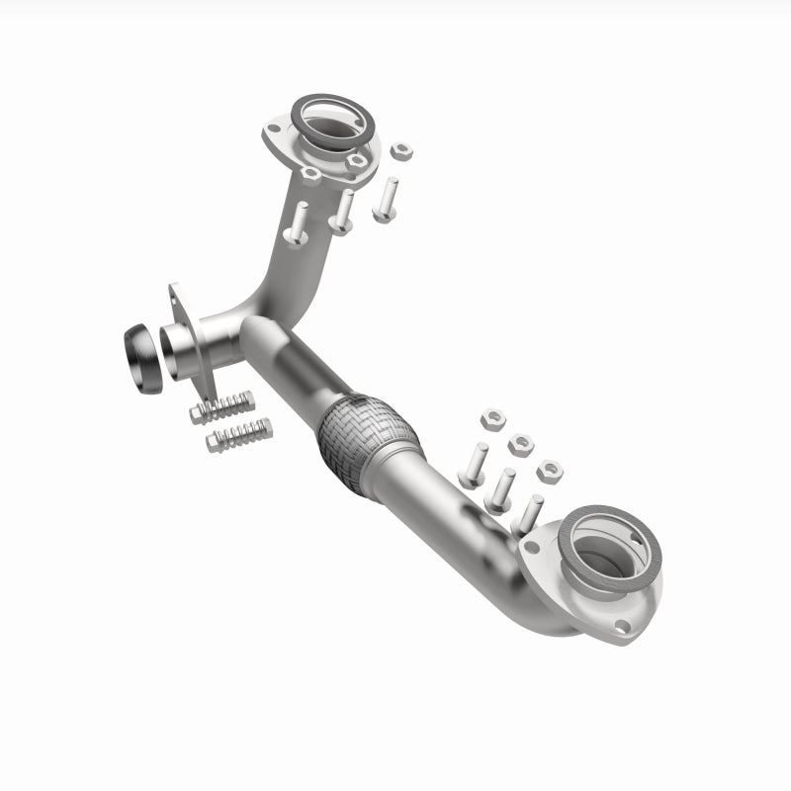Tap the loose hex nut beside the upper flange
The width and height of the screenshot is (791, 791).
click(401, 151)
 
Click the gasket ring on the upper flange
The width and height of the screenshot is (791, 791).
click(335, 118)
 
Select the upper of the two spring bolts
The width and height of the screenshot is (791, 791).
click(222, 406)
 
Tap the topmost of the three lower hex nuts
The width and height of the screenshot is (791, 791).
click(490, 418)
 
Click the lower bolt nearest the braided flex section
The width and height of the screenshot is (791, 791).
click(473, 464)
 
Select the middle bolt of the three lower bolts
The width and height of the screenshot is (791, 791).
click(501, 488)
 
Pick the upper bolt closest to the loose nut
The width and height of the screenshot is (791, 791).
click(386, 198)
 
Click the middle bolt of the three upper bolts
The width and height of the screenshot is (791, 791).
click(343, 212)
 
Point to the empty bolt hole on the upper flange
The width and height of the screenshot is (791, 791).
click(309, 177)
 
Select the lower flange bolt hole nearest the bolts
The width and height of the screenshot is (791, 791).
click(532, 547)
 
